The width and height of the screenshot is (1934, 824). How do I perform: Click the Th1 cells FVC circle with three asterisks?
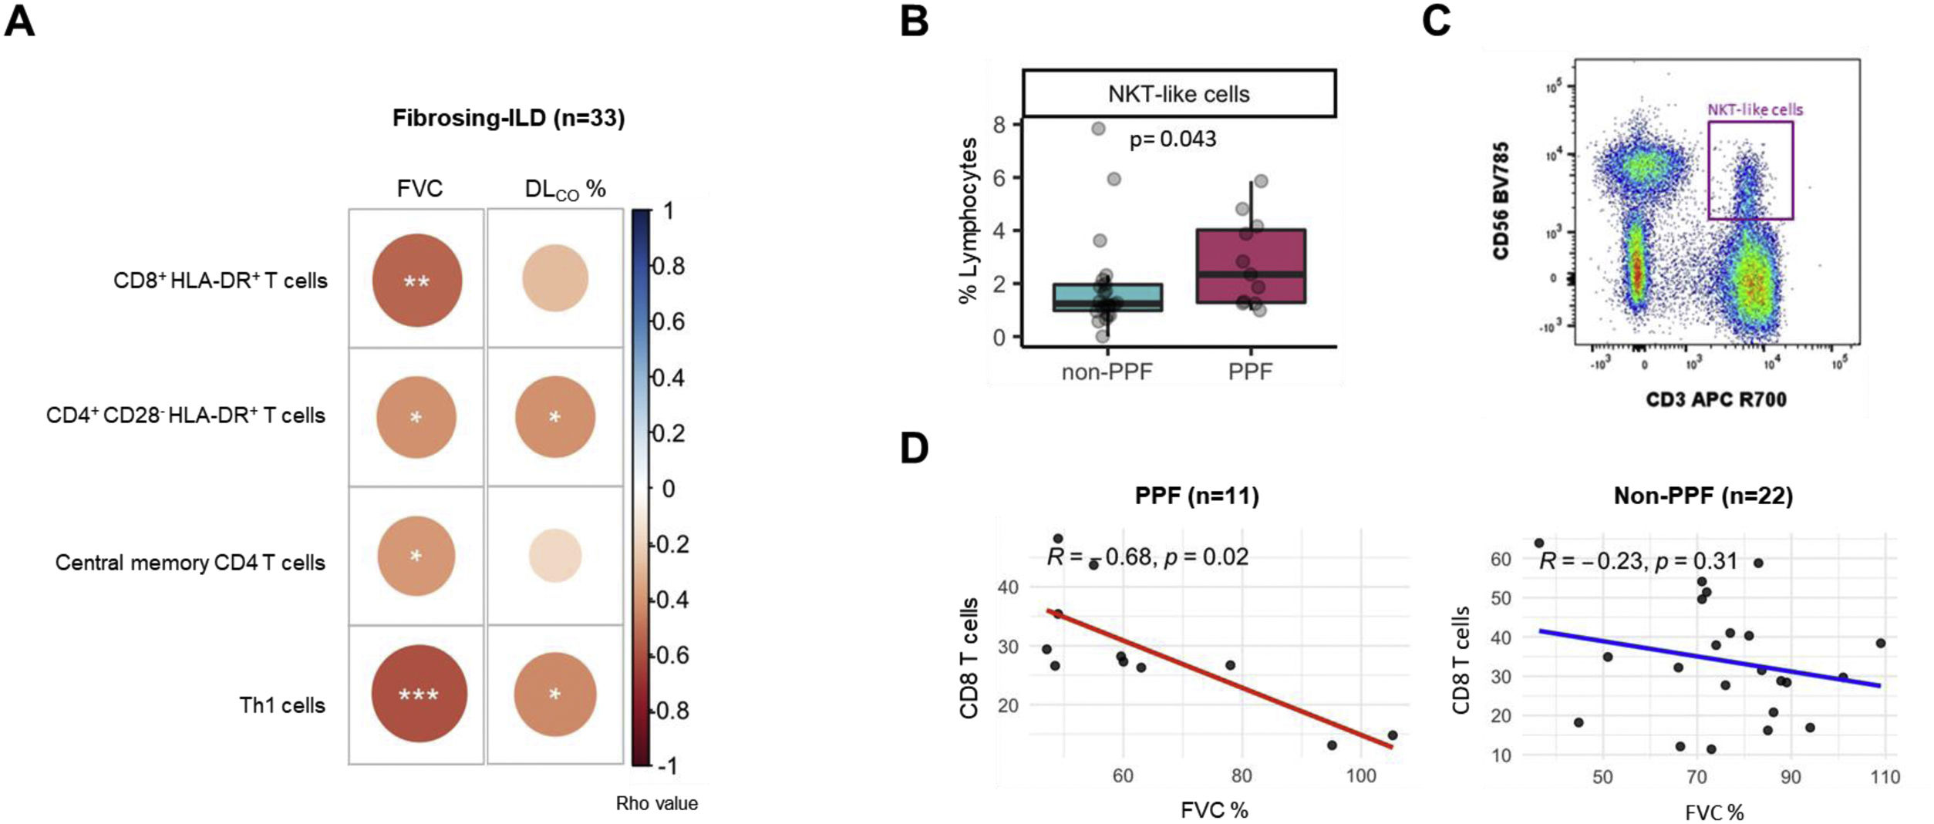point(419,694)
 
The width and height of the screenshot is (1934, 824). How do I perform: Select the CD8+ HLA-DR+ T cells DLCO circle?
point(555,278)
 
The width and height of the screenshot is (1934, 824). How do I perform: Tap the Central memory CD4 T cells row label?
point(190,563)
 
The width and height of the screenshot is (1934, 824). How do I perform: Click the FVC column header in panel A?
point(419,189)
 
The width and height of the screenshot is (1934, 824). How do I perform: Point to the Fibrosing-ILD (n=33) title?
point(508,118)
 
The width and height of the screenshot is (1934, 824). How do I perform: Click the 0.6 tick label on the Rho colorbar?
point(669,321)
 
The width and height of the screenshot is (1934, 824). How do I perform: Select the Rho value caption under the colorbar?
point(656,803)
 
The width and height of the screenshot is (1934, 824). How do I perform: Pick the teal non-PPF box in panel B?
point(1107,298)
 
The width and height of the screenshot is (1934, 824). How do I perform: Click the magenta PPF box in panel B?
point(1250,266)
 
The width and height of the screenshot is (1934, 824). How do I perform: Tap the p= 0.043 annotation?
point(1172,140)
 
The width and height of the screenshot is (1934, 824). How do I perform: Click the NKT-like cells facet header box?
point(1178,94)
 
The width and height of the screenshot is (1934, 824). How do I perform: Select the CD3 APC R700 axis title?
point(1716,399)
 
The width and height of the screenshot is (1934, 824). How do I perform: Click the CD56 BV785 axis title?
point(1501,200)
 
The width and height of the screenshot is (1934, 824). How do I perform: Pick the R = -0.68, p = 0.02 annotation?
point(1147,557)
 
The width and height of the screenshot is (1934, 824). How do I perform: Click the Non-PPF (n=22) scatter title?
point(1703,496)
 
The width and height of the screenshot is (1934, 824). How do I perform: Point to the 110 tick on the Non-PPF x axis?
point(1884,777)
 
